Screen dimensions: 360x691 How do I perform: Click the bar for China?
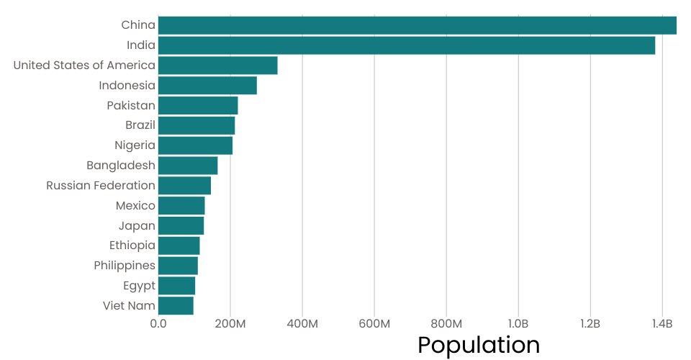(x=417, y=25)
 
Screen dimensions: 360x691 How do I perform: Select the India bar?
(x=407, y=45)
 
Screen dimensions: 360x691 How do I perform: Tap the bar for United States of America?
(x=217, y=66)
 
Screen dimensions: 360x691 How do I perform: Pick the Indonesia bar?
(x=207, y=86)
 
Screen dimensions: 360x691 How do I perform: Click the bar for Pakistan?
(x=198, y=106)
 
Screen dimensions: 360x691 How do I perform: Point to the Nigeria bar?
(x=195, y=145)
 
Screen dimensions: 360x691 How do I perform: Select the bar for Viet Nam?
(x=176, y=306)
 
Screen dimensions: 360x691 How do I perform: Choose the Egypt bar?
(x=176, y=286)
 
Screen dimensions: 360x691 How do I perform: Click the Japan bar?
(x=181, y=225)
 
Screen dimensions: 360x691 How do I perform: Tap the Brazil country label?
(x=140, y=125)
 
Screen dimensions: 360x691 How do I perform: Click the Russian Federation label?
(x=101, y=186)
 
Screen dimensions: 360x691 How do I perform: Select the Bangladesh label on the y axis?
(x=121, y=166)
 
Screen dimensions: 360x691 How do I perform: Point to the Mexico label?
(x=135, y=206)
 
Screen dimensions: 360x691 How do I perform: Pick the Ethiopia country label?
(x=132, y=246)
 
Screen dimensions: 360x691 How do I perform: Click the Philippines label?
(x=125, y=266)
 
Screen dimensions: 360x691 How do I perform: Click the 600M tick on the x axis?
(x=374, y=324)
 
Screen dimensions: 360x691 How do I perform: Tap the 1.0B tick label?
(x=518, y=324)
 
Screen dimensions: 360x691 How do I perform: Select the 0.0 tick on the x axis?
(x=158, y=324)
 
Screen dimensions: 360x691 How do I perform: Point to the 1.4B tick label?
(x=662, y=324)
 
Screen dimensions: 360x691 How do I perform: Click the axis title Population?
(x=479, y=346)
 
